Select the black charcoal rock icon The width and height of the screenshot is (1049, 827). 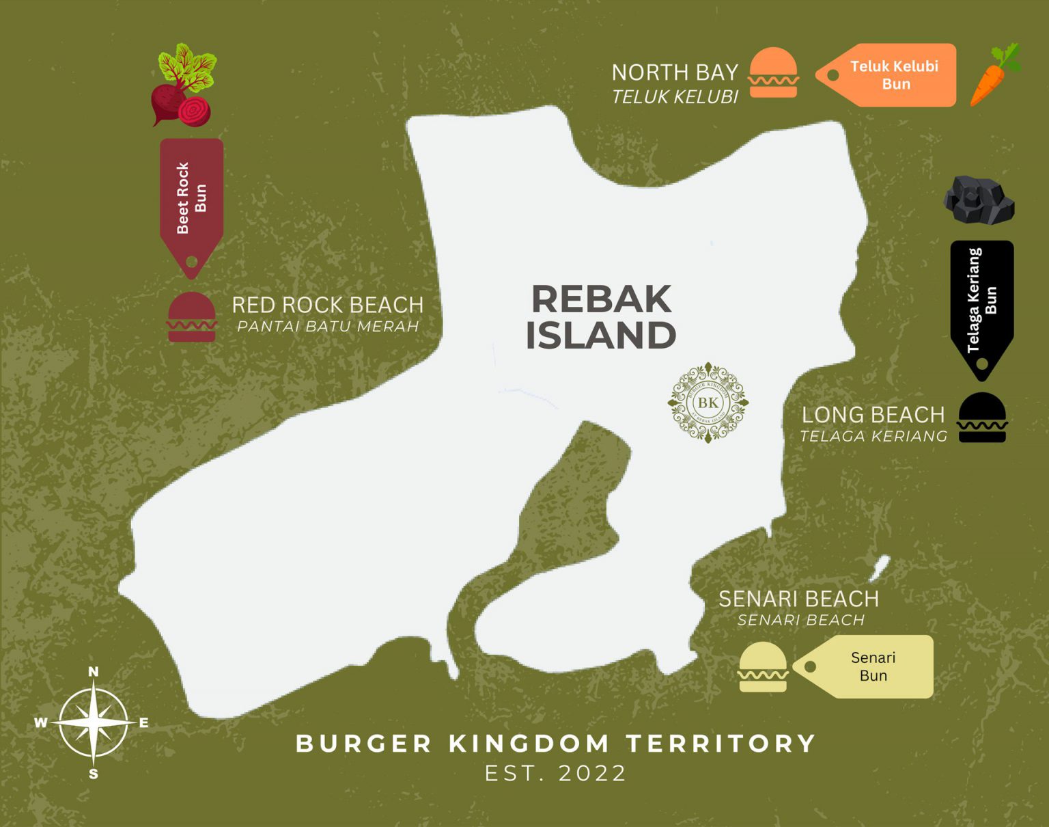[978, 200]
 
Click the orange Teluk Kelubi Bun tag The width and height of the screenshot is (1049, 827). [888, 75]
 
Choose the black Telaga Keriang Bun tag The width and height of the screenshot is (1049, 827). [982, 304]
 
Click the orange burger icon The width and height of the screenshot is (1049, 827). [773, 73]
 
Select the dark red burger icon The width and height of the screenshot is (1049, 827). [192, 317]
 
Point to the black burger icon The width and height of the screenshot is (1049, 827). [982, 418]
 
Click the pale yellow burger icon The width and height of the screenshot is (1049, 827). [763, 667]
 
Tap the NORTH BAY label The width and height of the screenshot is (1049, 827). [675, 72]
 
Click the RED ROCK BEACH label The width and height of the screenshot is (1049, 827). [328, 305]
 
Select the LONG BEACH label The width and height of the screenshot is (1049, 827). [873, 415]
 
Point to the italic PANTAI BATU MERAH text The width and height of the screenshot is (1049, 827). [328, 327]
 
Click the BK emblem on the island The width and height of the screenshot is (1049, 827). [708, 403]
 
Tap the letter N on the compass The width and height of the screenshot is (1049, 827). [94, 672]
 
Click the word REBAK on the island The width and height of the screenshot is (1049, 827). [601, 299]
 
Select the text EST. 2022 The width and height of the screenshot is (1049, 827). [555, 773]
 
